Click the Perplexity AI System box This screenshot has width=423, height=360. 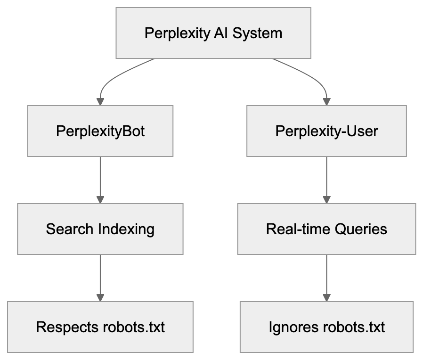[x=213, y=33]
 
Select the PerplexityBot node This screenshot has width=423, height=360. [x=100, y=131]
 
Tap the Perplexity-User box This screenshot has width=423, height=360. [x=326, y=131]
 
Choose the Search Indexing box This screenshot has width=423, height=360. [x=100, y=229]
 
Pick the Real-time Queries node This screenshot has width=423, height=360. [x=326, y=229]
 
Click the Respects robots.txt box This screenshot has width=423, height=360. [x=100, y=327]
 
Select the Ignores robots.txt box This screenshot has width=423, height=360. [x=326, y=327]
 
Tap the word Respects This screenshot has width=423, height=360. [x=67, y=327]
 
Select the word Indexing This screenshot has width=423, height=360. [x=127, y=229]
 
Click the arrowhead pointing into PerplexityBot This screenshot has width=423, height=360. [x=100, y=101]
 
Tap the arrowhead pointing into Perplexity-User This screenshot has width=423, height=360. [x=326, y=101]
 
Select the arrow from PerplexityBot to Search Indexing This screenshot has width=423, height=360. [x=100, y=179]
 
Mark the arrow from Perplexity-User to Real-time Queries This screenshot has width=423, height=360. [x=326, y=179]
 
